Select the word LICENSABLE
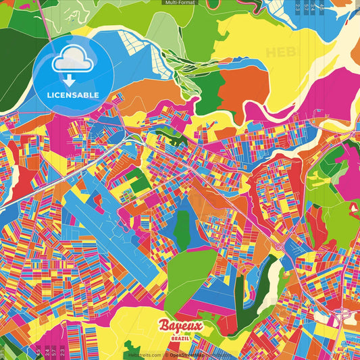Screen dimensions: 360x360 tap(72, 95)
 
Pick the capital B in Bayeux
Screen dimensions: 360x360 tap(164, 326)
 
